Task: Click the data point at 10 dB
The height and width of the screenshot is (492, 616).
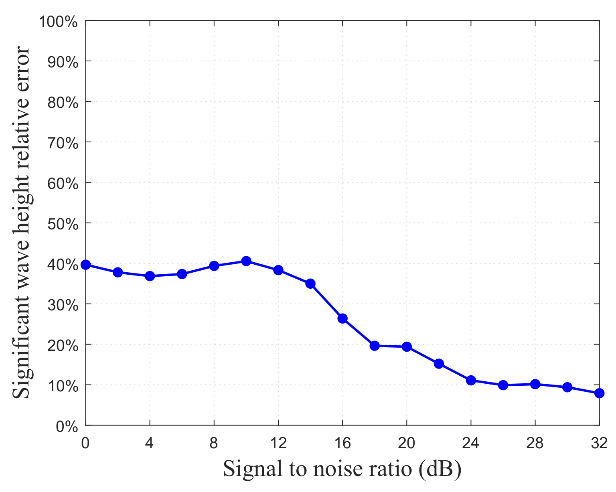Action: (246, 261)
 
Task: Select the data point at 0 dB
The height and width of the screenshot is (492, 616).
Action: (85, 265)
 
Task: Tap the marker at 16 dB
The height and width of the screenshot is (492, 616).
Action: (342, 318)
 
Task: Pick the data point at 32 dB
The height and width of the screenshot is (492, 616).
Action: (599, 393)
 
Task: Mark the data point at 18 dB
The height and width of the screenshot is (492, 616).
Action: (375, 346)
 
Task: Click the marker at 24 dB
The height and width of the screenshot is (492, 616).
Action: (471, 380)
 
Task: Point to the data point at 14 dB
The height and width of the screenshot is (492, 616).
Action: (310, 283)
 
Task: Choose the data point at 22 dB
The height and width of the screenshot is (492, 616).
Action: (439, 364)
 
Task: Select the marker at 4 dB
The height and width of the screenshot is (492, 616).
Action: (150, 276)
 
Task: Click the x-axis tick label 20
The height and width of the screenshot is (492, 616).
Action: (407, 443)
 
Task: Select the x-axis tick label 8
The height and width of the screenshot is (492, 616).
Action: (214, 443)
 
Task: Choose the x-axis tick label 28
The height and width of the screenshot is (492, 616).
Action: (535, 443)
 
